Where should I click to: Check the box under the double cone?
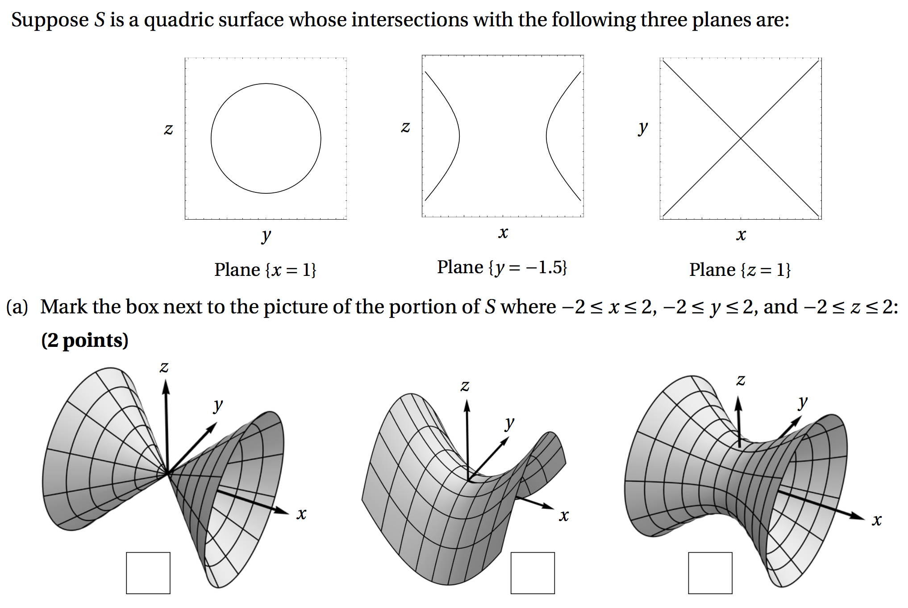point(148,573)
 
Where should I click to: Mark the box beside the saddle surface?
point(533,573)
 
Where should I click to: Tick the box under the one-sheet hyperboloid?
point(710,573)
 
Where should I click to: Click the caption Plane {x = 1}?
point(265,270)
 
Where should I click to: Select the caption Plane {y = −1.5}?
point(502,267)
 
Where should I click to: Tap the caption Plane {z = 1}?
point(740,270)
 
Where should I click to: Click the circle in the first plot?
point(211,138)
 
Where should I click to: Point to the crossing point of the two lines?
point(741,138)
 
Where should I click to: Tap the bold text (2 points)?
point(85,340)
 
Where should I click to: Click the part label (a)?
point(17,307)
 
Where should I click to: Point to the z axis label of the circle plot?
point(168,129)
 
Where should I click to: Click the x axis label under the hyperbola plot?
point(503,232)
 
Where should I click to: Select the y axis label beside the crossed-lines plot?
point(643,128)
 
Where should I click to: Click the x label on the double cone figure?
point(302,514)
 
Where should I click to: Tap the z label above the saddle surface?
point(465,385)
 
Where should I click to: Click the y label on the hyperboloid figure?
point(803,402)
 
